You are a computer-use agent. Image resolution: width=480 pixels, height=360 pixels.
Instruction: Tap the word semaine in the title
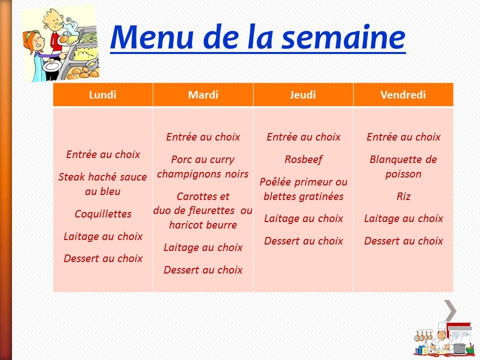(344, 37)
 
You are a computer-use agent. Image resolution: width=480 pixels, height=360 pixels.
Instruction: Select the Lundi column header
(102, 95)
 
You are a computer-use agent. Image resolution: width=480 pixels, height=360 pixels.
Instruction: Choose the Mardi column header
(203, 95)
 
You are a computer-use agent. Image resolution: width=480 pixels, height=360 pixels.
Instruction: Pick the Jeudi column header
(303, 95)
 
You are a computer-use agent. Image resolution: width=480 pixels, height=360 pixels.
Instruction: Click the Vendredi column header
(403, 95)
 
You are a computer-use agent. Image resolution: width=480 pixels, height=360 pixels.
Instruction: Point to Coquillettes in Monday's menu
(103, 214)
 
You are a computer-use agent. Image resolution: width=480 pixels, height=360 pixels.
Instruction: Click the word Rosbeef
(303, 159)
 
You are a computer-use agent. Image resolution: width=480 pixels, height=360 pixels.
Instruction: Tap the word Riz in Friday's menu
(403, 196)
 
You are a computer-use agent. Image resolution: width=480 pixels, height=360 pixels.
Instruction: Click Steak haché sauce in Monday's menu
(103, 177)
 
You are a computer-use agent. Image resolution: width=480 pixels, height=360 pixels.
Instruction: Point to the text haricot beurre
(203, 225)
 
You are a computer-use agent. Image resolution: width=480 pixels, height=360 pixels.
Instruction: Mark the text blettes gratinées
(303, 196)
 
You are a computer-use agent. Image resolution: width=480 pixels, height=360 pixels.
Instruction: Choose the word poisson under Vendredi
(403, 174)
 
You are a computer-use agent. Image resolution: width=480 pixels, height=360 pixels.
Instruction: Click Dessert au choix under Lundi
(103, 258)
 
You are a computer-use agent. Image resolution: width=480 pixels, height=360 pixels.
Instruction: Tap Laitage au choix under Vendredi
(403, 218)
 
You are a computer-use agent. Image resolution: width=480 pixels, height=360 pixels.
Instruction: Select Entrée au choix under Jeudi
(303, 137)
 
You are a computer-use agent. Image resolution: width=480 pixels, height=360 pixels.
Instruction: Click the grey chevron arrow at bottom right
(450, 310)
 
